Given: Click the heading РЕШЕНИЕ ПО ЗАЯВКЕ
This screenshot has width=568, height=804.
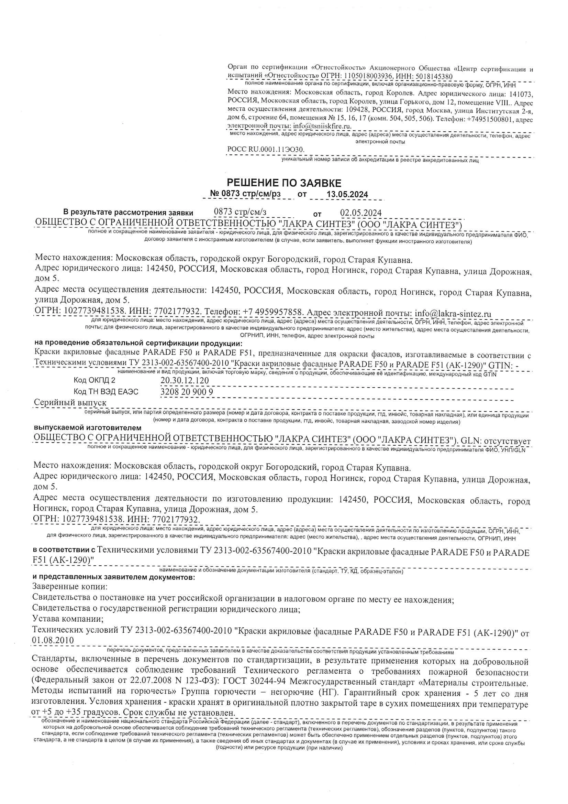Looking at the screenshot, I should pos(284,183).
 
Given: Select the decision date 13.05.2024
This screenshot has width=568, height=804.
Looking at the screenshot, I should pos(347,195).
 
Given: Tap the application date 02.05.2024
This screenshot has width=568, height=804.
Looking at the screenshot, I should pos(361,213).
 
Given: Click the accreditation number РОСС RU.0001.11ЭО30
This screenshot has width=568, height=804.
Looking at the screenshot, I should pos(266,150).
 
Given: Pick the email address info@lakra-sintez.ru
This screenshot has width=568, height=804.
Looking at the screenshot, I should pos(453,313).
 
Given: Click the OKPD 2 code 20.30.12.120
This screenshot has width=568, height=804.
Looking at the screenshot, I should pos(185,381).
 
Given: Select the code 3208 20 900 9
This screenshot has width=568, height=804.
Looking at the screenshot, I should pos(187,392).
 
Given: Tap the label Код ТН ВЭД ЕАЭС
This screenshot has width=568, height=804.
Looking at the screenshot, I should pos(106,392).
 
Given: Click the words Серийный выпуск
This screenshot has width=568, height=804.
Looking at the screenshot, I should pos(70,403).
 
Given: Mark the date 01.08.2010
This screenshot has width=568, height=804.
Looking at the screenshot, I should pos(53,640).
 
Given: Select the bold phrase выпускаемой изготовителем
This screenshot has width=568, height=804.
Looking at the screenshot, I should pos(88,428).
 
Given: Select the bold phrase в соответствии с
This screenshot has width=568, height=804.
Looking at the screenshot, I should pos(64,550).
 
